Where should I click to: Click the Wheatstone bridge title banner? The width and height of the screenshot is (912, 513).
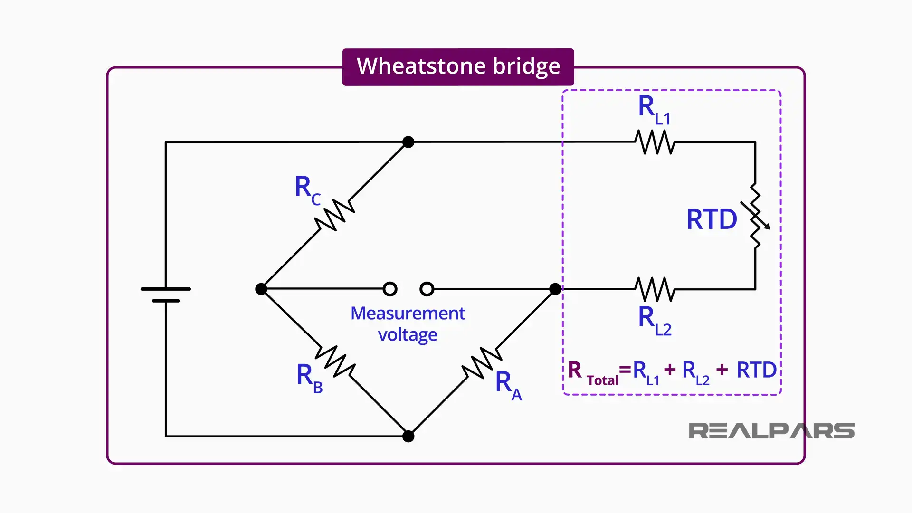point(458,66)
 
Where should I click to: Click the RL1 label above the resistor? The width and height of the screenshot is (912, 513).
point(654,109)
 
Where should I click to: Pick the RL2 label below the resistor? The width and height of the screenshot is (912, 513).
point(654,321)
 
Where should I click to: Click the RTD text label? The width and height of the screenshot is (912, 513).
point(711,219)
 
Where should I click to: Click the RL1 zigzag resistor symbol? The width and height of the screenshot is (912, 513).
point(655,142)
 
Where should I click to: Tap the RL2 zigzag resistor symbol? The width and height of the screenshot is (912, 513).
point(655,289)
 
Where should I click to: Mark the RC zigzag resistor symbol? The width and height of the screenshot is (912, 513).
point(335,215)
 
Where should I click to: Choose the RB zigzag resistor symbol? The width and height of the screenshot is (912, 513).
point(335,361)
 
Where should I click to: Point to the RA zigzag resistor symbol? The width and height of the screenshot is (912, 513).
point(482,363)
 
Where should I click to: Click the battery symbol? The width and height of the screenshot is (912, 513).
point(166,294)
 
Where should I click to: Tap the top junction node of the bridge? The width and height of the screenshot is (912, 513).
point(408,142)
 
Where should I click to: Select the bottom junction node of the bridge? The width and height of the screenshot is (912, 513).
point(408,436)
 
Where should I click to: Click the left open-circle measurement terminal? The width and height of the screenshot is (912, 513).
point(390,289)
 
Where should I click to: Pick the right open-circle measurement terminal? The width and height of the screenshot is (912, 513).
point(427,289)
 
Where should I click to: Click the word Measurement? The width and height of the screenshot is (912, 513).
point(408,313)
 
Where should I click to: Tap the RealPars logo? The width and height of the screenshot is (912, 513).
point(771,431)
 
